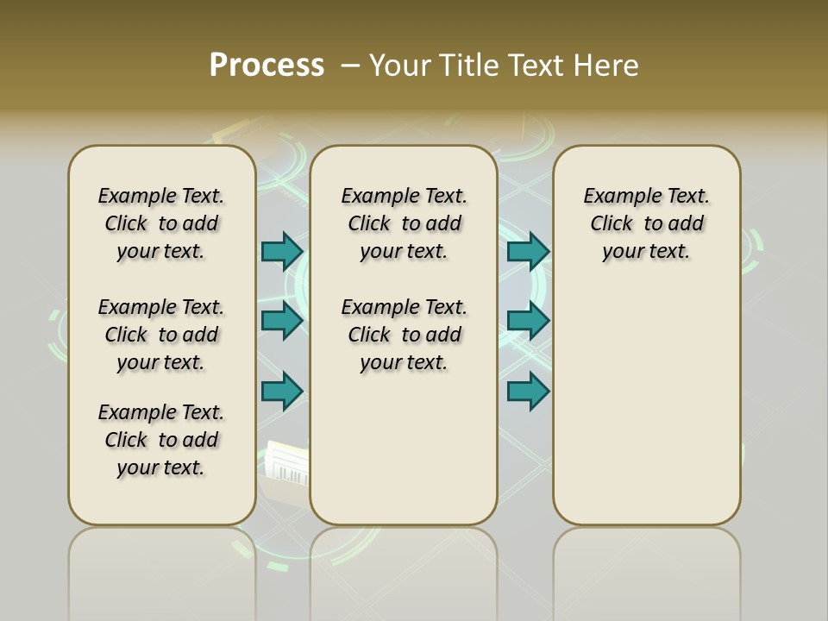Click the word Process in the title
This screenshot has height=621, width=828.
[267, 66]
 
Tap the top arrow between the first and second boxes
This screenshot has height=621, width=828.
[282, 252]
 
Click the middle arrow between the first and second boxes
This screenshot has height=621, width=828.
[282, 321]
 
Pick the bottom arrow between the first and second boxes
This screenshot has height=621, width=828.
[282, 392]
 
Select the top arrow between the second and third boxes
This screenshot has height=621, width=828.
[528, 252]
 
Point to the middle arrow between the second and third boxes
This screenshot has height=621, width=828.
[528, 321]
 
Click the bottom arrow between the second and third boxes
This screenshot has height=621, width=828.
[528, 392]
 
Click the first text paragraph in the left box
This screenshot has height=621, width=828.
[161, 223]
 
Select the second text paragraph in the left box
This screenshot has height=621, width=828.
[161, 335]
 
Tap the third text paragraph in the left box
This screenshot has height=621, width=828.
[161, 440]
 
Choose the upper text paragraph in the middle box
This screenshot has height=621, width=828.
[404, 223]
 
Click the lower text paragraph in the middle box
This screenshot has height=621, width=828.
[404, 335]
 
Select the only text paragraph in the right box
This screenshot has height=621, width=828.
[647, 223]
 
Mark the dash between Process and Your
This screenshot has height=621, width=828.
[350, 66]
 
